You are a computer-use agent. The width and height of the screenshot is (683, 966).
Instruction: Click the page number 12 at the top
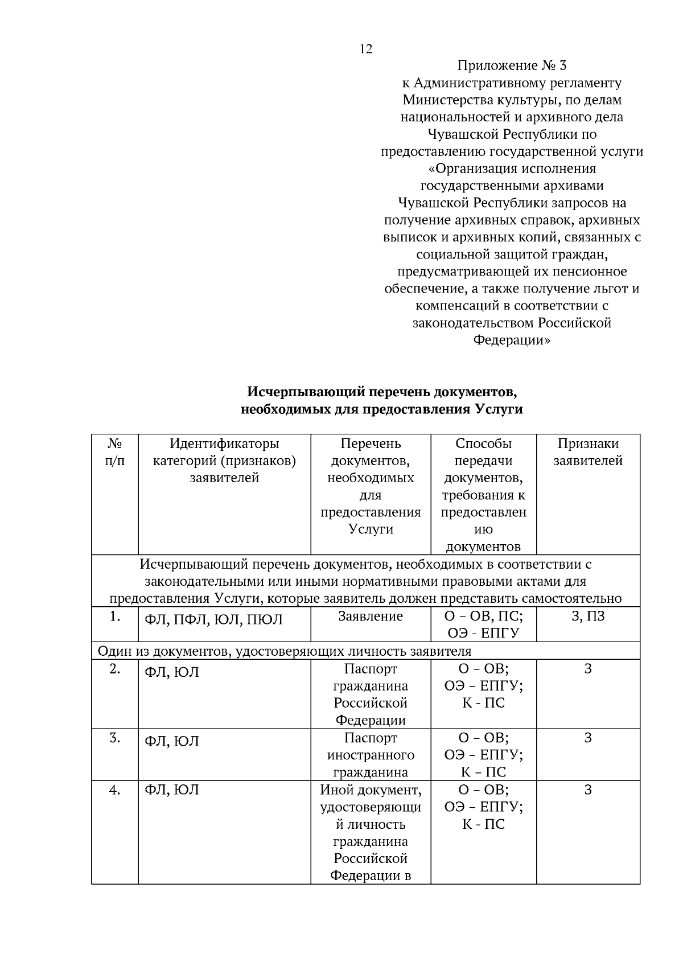[x=366, y=49]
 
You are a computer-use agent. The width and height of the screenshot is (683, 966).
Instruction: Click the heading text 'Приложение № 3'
[x=512, y=65]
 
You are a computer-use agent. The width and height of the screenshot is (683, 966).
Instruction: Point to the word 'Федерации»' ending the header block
[x=512, y=340]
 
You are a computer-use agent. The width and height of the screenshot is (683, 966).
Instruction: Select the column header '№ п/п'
[x=115, y=452]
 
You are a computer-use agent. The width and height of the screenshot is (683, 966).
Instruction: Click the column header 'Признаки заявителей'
[x=588, y=452]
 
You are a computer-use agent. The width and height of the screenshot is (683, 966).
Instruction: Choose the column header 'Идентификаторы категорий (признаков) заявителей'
[x=224, y=461]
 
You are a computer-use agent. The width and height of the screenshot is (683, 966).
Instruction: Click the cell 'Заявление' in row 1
[x=371, y=616]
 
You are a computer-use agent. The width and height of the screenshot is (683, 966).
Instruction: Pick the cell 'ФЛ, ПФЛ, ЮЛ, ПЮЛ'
[x=213, y=620]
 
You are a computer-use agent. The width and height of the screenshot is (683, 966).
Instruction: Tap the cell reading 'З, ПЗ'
[x=588, y=616]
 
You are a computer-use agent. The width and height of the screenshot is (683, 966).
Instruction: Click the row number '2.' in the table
[x=115, y=669]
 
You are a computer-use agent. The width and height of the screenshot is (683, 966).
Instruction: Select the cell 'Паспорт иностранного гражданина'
[x=371, y=755]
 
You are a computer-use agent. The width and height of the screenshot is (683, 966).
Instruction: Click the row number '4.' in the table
[x=115, y=790]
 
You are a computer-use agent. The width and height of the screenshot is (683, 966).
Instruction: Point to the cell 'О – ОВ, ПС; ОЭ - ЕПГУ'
[x=483, y=624]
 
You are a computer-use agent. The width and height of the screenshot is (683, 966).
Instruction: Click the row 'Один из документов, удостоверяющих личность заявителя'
[x=285, y=651]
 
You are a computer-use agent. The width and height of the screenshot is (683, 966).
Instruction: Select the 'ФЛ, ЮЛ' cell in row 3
[x=172, y=741]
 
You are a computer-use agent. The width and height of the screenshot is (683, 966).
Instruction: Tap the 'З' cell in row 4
[x=588, y=790]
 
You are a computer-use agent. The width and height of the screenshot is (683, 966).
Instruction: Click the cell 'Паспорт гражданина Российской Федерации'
[x=371, y=694]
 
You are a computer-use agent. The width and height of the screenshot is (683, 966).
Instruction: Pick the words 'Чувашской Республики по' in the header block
[x=512, y=134]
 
